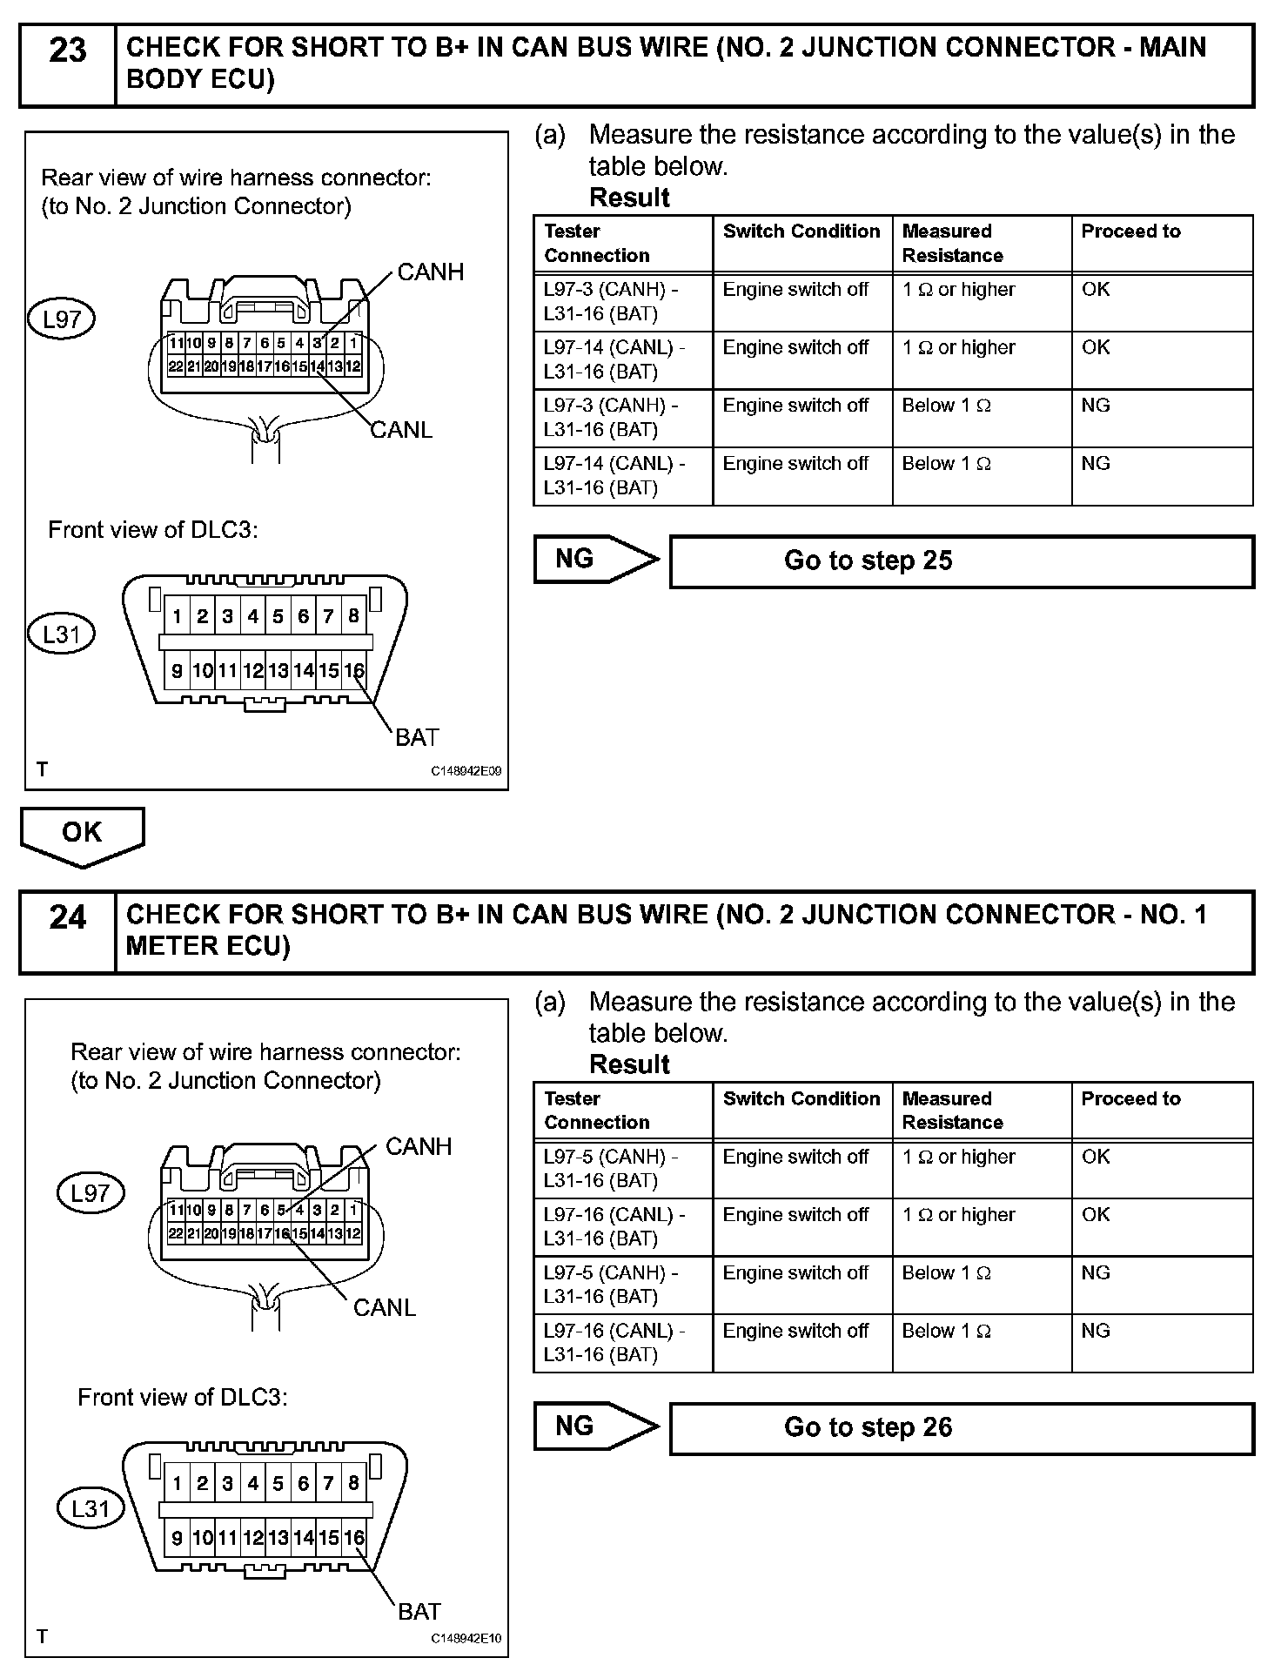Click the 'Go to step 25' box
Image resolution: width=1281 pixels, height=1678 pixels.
(961, 561)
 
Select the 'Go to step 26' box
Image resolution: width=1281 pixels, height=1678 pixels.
(961, 1428)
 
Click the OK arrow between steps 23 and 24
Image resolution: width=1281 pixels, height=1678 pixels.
(82, 835)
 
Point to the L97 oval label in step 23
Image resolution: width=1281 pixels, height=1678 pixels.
(62, 319)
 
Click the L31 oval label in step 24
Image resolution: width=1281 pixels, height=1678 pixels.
(90, 1508)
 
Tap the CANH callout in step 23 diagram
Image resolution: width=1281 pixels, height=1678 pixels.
(430, 272)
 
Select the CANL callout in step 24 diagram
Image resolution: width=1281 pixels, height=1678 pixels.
(384, 1307)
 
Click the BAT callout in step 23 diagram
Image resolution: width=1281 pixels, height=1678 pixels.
(417, 738)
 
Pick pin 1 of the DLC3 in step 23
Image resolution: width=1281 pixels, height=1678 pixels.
(177, 617)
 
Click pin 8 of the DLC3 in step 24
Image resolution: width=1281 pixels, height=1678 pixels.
(353, 1483)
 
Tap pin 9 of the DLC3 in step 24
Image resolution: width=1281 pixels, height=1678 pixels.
(177, 1538)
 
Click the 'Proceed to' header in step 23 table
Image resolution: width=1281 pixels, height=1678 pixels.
(1130, 232)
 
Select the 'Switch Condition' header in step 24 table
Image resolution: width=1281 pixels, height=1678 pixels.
(801, 1098)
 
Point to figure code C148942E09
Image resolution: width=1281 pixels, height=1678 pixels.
(466, 771)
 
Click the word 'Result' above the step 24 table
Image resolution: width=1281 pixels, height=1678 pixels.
(629, 1064)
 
